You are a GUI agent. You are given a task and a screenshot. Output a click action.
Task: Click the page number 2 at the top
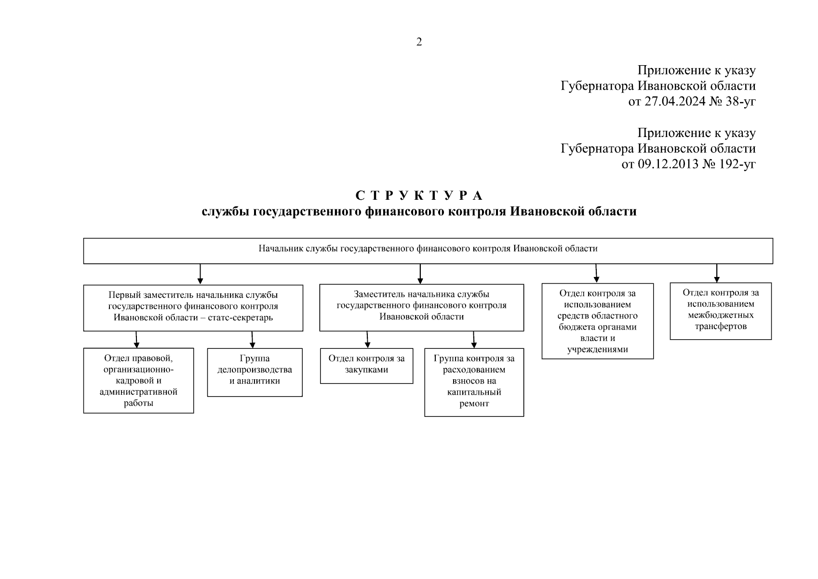click(x=419, y=42)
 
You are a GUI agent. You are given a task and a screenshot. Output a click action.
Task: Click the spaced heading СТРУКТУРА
click(x=419, y=195)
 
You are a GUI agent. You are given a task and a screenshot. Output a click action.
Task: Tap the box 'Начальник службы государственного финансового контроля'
click(x=428, y=250)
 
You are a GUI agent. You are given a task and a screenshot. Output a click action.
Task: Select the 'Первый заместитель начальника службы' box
click(x=193, y=307)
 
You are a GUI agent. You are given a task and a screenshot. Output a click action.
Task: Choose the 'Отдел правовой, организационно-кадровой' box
click(x=138, y=380)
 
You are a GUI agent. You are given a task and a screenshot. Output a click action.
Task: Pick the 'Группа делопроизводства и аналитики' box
click(x=255, y=372)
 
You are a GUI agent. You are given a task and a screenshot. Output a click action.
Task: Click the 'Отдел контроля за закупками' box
click(x=366, y=365)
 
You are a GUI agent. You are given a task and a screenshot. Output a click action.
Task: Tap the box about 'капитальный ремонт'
click(x=474, y=382)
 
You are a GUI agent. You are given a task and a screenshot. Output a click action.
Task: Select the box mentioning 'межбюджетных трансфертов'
click(x=720, y=311)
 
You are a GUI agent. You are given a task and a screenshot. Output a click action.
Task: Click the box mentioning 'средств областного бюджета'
click(x=597, y=321)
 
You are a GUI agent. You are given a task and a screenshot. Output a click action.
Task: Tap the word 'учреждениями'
click(x=597, y=350)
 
